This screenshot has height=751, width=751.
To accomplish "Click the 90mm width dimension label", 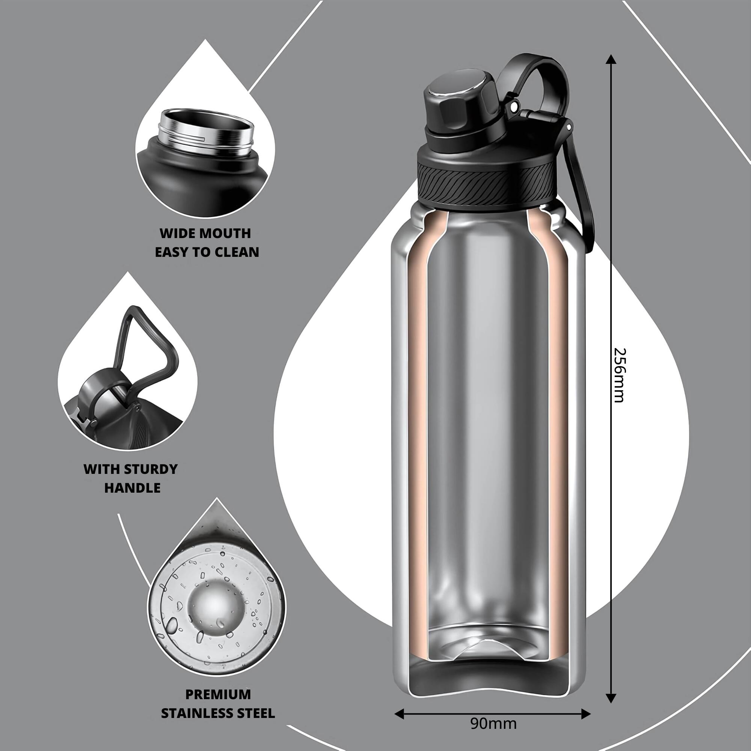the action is point(493,724).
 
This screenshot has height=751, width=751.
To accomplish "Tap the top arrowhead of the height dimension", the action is point(611,59).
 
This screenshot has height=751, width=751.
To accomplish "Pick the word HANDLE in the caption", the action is point(132,488).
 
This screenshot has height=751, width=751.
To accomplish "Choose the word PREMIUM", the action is point(218,694).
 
